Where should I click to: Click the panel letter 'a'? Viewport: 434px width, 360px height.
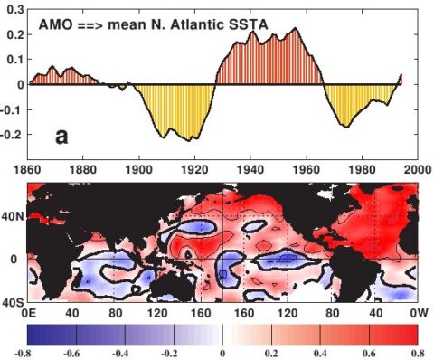(61, 137)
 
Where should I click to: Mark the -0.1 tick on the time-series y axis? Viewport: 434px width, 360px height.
(12, 109)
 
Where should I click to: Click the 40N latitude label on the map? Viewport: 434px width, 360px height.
(12, 216)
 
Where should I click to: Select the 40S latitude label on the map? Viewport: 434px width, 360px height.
(12, 300)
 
